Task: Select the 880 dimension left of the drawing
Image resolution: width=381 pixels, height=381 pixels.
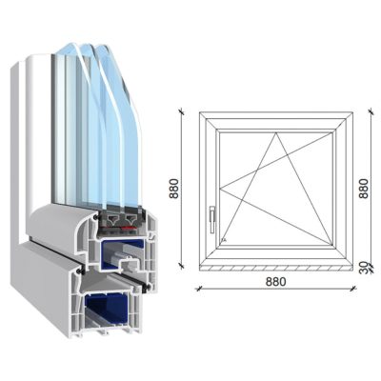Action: click(174, 190)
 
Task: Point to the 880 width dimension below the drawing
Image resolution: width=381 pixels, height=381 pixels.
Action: click(274, 282)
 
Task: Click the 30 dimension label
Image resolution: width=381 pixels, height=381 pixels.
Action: click(365, 269)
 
